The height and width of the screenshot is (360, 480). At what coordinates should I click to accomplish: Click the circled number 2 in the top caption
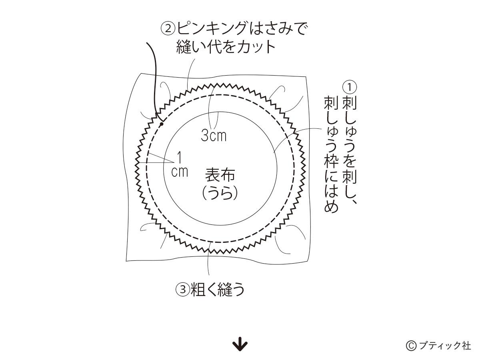[x=168, y=29]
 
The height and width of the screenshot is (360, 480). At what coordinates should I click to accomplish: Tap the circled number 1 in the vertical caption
[x=350, y=87]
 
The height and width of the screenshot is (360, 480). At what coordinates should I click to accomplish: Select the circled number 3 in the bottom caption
[x=183, y=290]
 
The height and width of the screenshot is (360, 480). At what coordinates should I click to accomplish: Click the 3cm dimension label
[x=214, y=136]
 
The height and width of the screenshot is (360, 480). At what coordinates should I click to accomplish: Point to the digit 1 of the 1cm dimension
[x=179, y=158]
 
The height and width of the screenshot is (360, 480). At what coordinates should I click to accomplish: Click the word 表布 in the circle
[x=220, y=175]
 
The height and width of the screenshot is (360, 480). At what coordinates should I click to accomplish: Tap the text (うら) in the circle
[x=220, y=193]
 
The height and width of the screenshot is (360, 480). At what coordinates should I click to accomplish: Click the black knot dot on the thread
[x=162, y=124]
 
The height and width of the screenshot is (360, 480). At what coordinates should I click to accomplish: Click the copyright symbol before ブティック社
[x=411, y=346]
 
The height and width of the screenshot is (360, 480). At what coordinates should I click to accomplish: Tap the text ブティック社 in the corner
[x=444, y=346]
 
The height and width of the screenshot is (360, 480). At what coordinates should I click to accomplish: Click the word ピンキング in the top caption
[x=212, y=29]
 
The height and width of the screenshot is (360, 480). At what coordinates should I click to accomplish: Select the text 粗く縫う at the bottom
[x=217, y=290]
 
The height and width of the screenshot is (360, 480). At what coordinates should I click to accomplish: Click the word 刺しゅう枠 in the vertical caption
[x=331, y=132]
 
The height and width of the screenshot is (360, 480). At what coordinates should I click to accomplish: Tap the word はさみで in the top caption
[x=277, y=29]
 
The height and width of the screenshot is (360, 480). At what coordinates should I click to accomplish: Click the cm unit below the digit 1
[x=180, y=172]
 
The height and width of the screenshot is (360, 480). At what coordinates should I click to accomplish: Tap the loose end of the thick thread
[x=147, y=43]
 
